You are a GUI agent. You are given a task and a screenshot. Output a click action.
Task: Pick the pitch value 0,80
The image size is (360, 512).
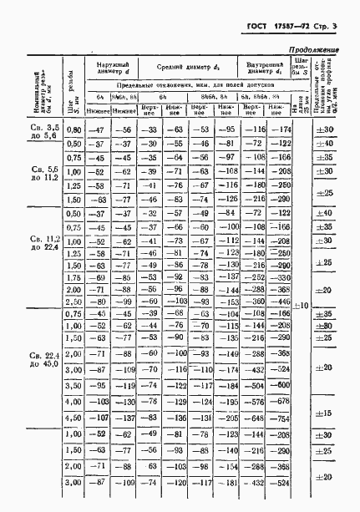(x=74, y=129)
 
